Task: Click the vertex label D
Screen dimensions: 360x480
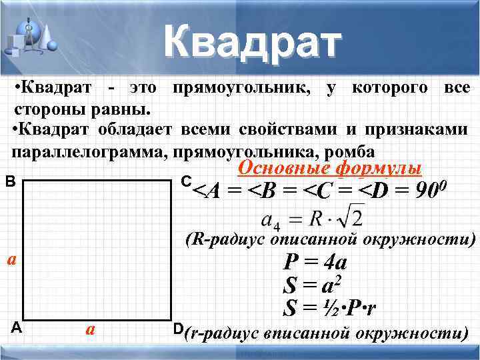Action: point(177,329)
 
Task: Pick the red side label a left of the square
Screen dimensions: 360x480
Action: point(11,259)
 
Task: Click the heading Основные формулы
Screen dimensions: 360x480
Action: point(330,167)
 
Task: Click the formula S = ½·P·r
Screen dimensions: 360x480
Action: point(329,309)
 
